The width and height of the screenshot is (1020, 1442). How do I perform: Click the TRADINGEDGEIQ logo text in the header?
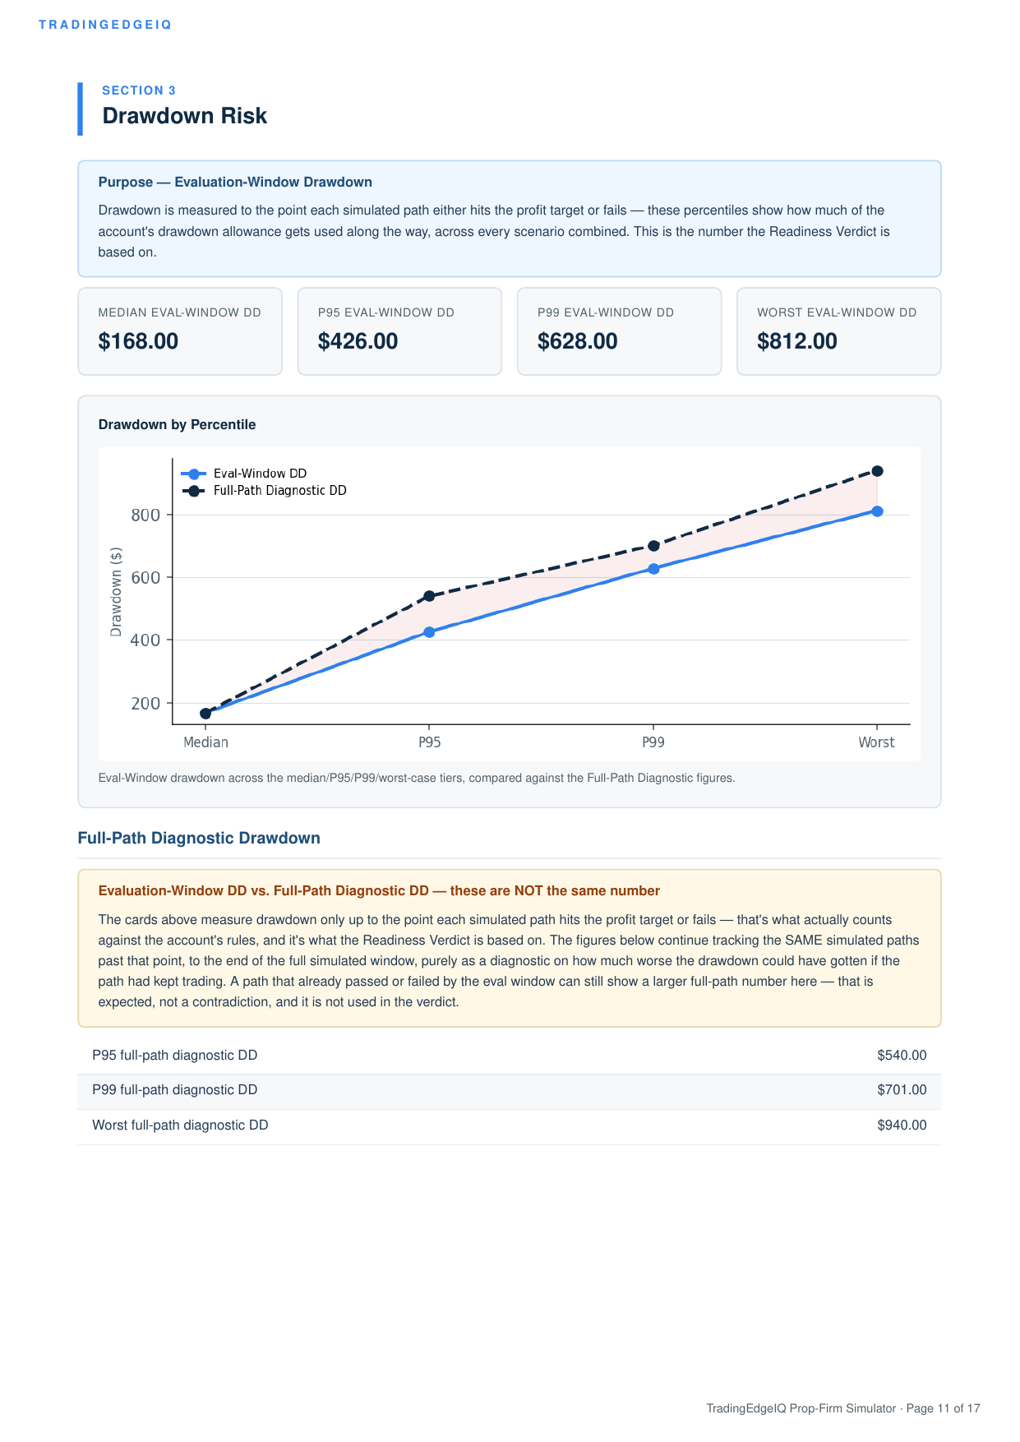coord(105,25)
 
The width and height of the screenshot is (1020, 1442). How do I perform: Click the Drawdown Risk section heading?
coord(184,116)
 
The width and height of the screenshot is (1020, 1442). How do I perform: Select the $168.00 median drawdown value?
coord(138,341)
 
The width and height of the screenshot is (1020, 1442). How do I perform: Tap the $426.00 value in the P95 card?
coord(358,341)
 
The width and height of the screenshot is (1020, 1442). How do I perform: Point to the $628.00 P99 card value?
coord(577,341)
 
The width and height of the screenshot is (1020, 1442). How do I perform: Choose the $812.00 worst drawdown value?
coord(796,341)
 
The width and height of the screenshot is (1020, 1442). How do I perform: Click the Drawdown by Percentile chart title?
coord(177,424)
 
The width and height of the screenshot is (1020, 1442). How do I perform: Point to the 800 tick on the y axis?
coord(145,515)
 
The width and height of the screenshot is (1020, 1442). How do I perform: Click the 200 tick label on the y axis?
coord(145,704)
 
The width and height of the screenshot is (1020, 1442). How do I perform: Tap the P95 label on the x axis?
coord(429,742)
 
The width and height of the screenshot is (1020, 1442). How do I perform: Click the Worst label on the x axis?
coord(876,742)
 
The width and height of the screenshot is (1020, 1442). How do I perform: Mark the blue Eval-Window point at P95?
coord(429,632)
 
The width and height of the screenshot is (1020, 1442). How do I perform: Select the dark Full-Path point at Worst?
coord(877,471)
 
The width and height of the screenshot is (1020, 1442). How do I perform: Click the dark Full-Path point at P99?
coord(653,546)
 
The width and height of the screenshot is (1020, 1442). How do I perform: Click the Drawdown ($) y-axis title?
coord(116,591)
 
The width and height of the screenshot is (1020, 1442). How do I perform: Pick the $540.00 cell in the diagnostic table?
coord(902,1056)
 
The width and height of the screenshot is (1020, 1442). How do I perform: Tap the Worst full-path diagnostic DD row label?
coord(180,1125)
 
